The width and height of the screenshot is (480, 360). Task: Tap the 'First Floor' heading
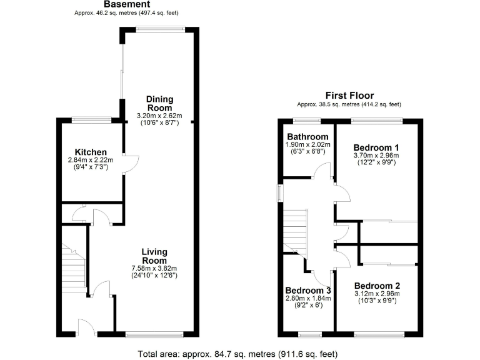click(x=349, y=96)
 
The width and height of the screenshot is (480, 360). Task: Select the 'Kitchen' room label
click(x=91, y=152)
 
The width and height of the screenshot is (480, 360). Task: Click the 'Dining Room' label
click(x=159, y=103)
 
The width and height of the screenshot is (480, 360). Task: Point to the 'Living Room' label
click(x=154, y=256)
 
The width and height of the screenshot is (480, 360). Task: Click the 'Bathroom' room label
click(x=307, y=137)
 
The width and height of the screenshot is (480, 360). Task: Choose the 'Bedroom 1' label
click(x=376, y=146)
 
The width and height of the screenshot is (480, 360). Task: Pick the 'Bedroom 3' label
click(x=307, y=291)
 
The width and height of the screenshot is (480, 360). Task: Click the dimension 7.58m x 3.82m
click(x=154, y=269)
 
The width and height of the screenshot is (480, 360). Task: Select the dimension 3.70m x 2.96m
click(x=376, y=155)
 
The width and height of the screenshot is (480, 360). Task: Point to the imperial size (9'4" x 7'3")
click(x=91, y=167)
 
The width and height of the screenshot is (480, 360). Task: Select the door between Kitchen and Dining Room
click(x=130, y=163)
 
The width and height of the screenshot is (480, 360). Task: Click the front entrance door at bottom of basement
click(x=86, y=326)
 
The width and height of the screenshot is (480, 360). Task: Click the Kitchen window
click(x=91, y=119)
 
